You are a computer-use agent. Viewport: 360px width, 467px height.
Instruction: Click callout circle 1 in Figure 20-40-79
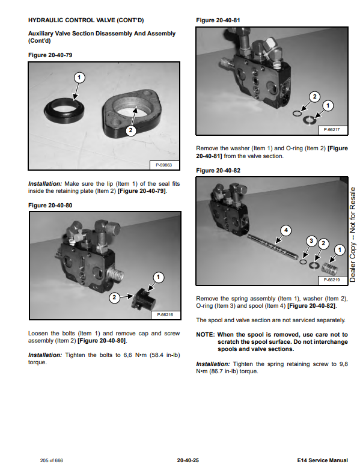tap(79, 78)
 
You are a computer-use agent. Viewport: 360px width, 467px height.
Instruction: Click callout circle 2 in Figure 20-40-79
tap(131, 130)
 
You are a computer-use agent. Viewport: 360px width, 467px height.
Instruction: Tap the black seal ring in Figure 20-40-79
tap(64, 111)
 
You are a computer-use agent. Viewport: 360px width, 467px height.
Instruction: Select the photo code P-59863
tap(163, 165)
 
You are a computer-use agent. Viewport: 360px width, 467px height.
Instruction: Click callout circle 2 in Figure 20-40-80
tap(114, 298)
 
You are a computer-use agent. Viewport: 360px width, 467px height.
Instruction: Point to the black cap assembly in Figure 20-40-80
tap(144, 299)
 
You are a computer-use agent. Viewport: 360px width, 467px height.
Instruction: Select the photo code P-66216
tap(165, 315)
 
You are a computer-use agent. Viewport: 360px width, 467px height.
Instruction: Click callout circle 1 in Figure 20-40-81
tap(328, 105)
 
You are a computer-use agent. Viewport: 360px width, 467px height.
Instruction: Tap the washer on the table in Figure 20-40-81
tap(310, 120)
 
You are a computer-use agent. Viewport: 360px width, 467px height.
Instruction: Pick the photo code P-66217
tap(332, 130)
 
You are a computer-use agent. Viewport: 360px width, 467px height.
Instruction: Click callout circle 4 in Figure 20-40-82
tap(286, 230)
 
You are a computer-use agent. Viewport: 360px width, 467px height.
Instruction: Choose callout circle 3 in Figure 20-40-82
tap(311, 240)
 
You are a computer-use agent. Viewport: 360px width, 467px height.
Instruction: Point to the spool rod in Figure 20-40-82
tap(273, 246)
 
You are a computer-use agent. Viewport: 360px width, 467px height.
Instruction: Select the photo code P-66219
tap(332, 279)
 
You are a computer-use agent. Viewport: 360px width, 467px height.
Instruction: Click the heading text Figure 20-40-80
tap(50, 205)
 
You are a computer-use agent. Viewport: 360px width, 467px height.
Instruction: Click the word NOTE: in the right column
tap(205, 334)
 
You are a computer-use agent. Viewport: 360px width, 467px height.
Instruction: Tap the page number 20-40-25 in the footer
tap(188, 460)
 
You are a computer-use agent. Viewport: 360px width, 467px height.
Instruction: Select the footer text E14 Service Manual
tap(323, 460)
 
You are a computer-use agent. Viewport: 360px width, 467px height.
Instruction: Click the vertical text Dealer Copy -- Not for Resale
tap(353, 234)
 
